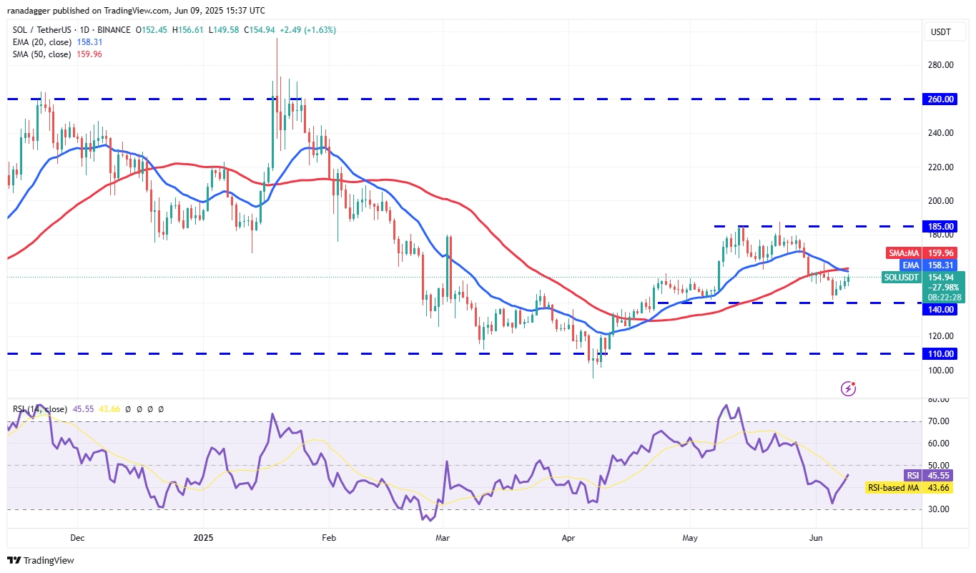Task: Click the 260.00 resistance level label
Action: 942,99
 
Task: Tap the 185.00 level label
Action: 942,226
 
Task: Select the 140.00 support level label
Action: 942,310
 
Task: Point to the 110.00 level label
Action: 942,353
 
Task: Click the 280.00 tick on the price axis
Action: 942,65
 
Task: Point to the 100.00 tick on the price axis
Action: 942,371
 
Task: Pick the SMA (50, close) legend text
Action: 41,54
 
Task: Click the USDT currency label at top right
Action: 941,31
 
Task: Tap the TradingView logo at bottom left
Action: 41,561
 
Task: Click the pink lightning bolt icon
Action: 849,388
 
